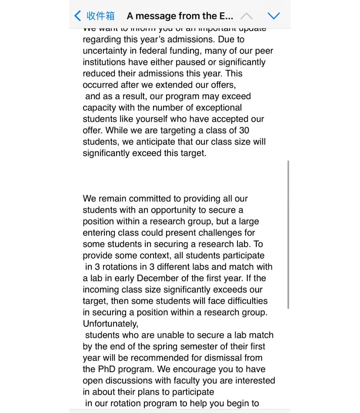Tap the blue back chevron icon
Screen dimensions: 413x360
click(78, 16)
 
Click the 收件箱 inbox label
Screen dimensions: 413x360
click(100, 16)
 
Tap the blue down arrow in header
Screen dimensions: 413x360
click(274, 16)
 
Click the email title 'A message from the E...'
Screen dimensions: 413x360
click(180, 16)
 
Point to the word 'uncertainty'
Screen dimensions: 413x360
click(105, 51)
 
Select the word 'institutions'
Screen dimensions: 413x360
click(104, 62)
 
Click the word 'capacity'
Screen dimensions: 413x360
click(100, 107)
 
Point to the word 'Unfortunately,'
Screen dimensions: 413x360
click(110, 323)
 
